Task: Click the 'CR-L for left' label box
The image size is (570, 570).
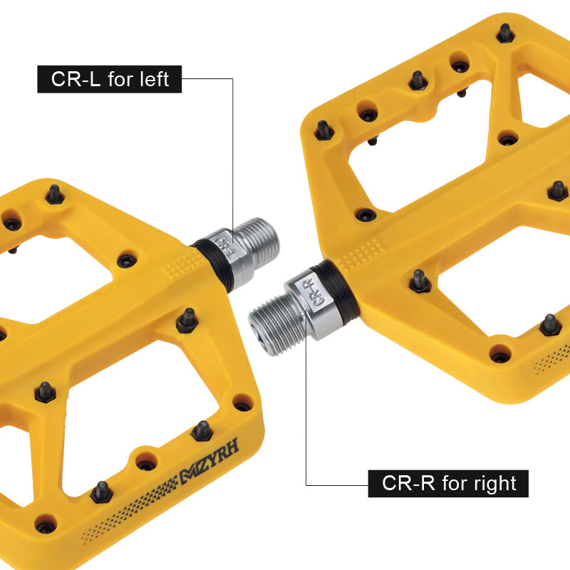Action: (110, 79)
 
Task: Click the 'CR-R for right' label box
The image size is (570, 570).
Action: (448, 484)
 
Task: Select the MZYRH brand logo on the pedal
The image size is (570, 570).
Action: (209, 461)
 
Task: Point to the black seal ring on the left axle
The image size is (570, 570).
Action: (214, 264)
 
